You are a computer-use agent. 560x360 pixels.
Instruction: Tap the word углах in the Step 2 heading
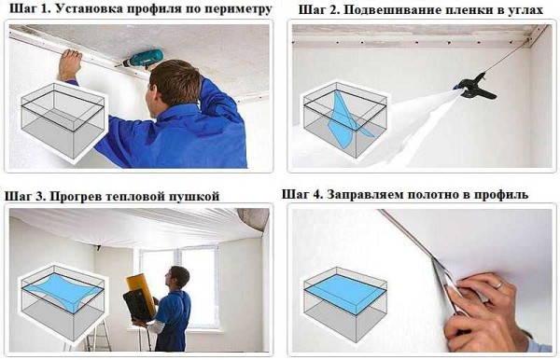point(528,10)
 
